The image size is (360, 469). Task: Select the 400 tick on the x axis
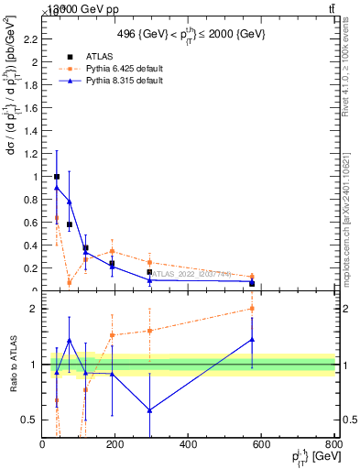click(188, 445)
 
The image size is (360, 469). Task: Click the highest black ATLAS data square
click(57, 177)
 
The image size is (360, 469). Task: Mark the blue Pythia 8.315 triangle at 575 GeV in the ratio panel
click(252, 339)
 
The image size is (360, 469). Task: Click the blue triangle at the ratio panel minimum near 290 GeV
click(149, 409)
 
